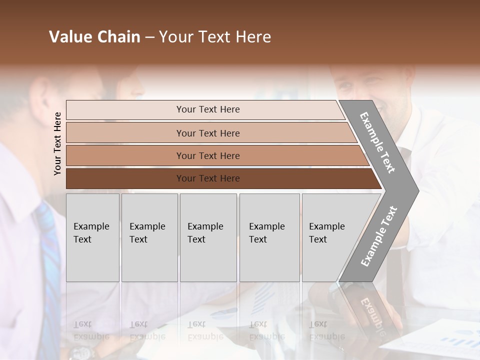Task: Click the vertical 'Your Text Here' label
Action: coord(57,143)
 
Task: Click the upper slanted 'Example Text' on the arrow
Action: coord(377,142)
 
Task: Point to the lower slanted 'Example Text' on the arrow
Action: coord(378,236)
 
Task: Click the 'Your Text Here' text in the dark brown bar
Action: coord(208,178)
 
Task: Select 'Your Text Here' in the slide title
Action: coord(215,37)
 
